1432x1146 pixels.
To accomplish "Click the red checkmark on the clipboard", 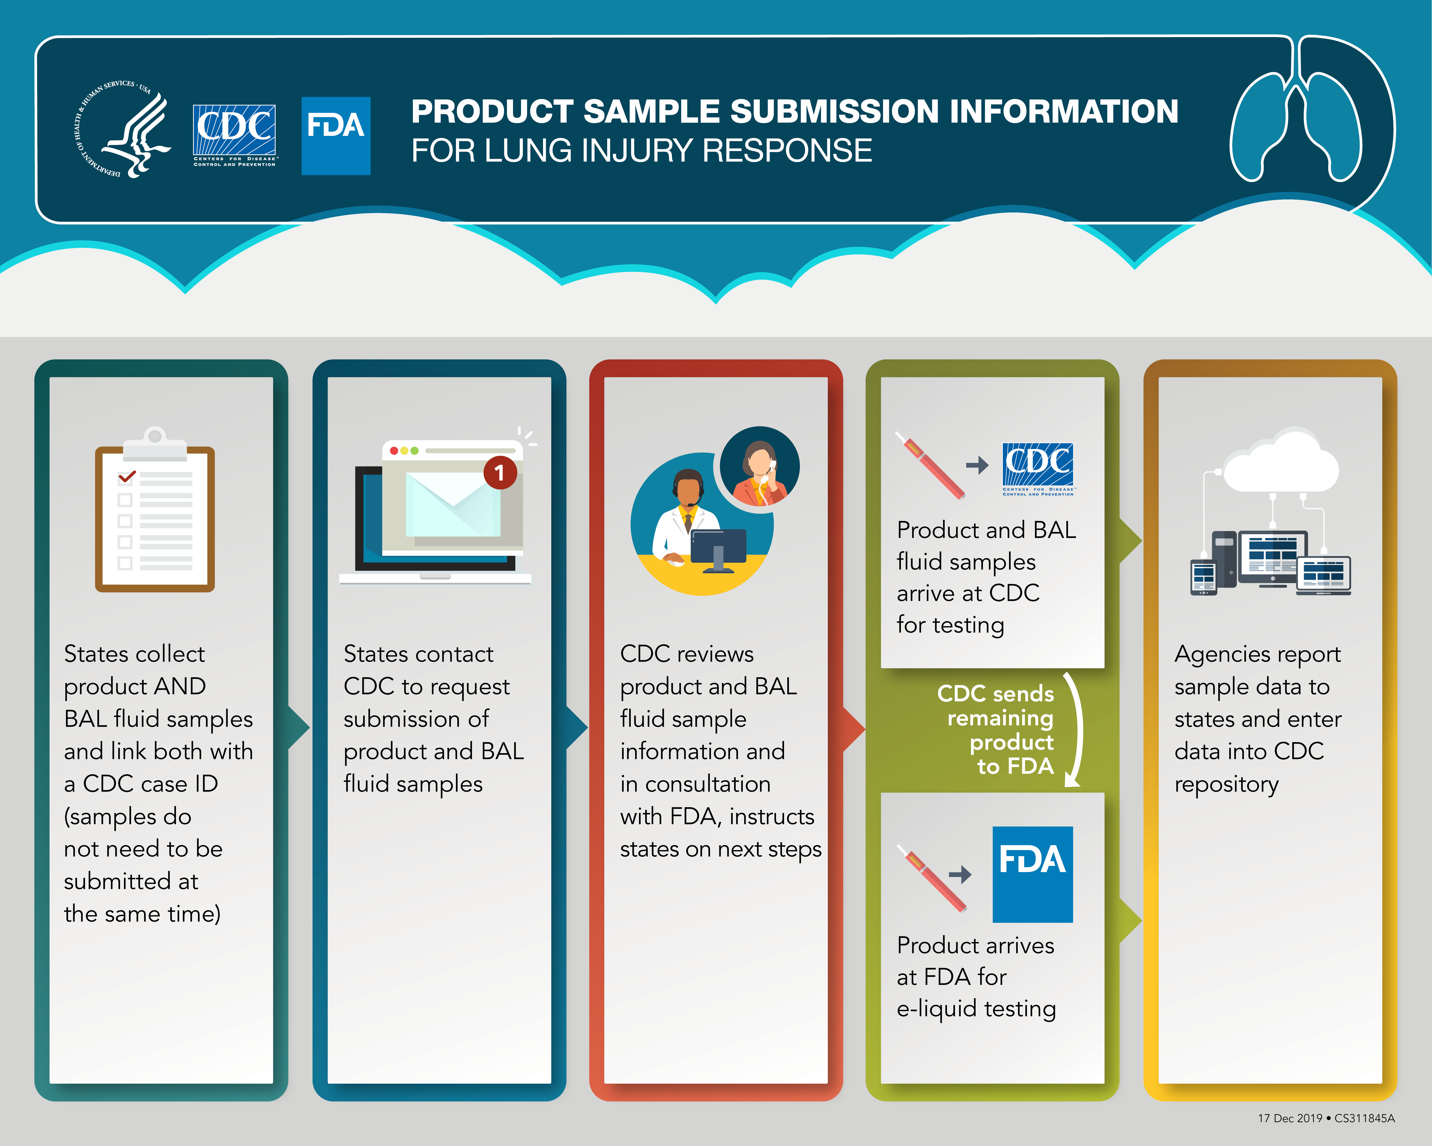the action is pos(127,476).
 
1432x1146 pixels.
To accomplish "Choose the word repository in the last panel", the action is pos(1226,785).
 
